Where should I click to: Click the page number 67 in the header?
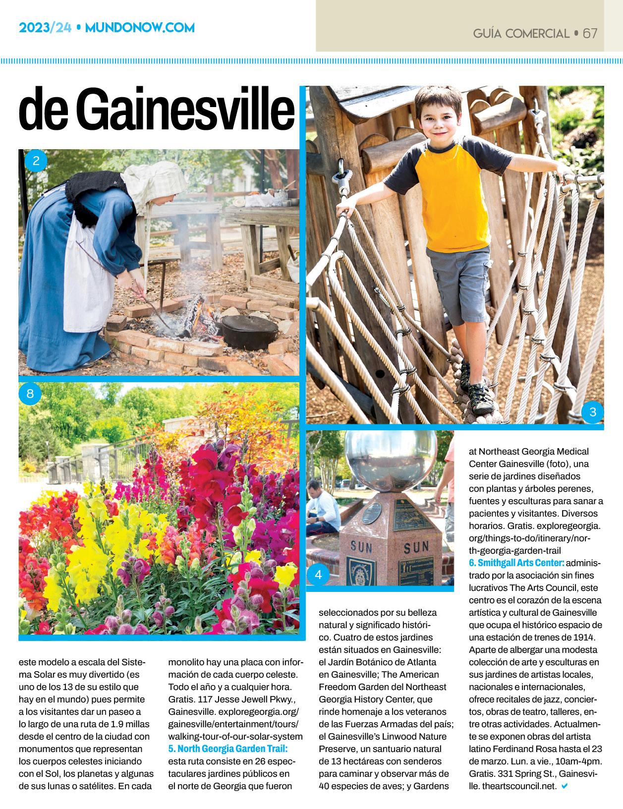pyautogui.click(x=590, y=33)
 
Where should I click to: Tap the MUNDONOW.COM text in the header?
pyautogui.click(x=140, y=28)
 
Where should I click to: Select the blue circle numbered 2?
pyautogui.click(x=35, y=161)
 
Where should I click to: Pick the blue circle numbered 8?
pyautogui.click(x=30, y=394)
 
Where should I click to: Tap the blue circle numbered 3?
pyautogui.click(x=593, y=412)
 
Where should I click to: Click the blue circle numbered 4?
pyautogui.click(x=318, y=575)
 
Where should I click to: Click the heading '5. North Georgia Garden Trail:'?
pyautogui.click(x=228, y=748)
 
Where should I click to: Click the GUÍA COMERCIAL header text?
pyautogui.click(x=521, y=34)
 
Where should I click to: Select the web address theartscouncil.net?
pyautogui.click(x=512, y=786)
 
